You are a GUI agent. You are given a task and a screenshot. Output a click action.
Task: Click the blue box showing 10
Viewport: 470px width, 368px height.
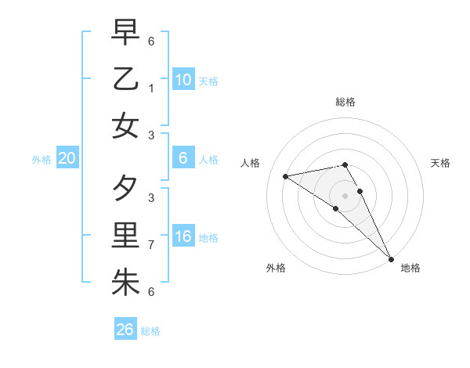(183, 80)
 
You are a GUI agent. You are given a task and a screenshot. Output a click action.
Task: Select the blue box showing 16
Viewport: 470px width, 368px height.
(183, 237)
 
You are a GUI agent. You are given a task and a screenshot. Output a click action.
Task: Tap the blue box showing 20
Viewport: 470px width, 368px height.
(67, 159)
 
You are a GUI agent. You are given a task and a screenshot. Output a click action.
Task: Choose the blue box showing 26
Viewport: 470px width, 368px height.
(125, 330)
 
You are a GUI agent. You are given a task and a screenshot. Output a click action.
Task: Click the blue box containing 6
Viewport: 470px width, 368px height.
(183, 159)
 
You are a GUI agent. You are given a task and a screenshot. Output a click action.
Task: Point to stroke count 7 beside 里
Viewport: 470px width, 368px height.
(152, 245)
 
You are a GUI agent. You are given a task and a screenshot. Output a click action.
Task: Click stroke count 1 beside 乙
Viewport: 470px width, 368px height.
(152, 88)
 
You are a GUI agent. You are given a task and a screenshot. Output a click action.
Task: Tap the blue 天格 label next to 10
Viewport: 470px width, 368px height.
(208, 81)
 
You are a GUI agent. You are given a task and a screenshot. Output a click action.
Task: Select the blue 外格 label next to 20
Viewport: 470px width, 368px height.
(42, 160)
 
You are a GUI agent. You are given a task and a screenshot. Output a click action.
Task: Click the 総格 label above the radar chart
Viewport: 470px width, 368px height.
(345, 102)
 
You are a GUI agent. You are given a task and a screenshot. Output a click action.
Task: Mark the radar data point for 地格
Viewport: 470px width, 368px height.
(391, 258)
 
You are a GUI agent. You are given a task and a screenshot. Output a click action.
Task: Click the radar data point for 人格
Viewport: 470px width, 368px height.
(286, 176)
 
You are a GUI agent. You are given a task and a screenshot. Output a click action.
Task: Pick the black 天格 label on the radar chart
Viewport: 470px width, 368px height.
(440, 163)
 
